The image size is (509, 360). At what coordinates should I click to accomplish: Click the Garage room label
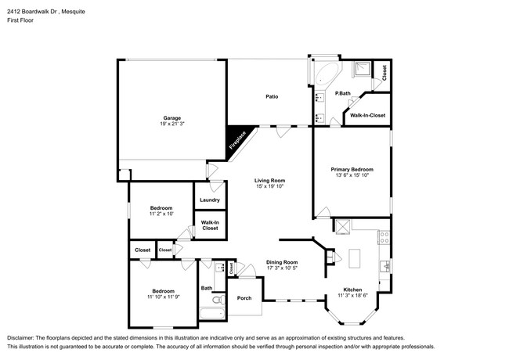click(172, 118)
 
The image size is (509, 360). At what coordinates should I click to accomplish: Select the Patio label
click(272, 97)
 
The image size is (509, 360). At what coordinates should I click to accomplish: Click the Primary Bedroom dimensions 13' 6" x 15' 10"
click(352, 175)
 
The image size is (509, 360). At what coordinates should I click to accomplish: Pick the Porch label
click(244, 299)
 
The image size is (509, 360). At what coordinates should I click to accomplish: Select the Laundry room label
click(209, 200)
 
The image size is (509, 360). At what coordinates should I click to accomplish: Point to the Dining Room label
click(282, 262)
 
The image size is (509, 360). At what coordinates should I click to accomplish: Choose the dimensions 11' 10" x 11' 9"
click(163, 296)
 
